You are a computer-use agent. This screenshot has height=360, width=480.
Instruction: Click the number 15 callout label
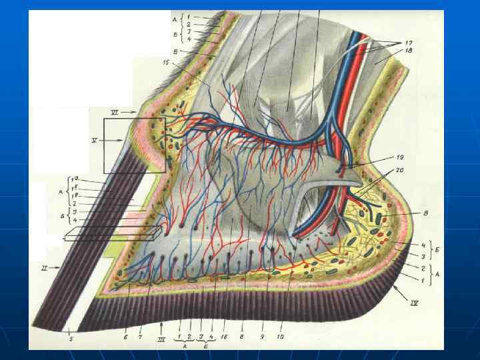coord(166,63)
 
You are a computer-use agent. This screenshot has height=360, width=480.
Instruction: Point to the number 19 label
coord(399,157)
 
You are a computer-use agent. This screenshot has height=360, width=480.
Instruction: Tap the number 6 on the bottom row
coord(124,337)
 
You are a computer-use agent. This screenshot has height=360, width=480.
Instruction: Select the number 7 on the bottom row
coord(140,337)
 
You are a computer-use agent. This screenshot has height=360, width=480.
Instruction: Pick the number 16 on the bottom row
coord(224,337)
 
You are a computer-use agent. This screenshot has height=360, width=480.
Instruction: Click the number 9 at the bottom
coord(262,337)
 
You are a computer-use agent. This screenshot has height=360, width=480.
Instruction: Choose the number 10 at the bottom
coord(281,337)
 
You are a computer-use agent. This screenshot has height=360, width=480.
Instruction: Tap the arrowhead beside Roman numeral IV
coord(396,291)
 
